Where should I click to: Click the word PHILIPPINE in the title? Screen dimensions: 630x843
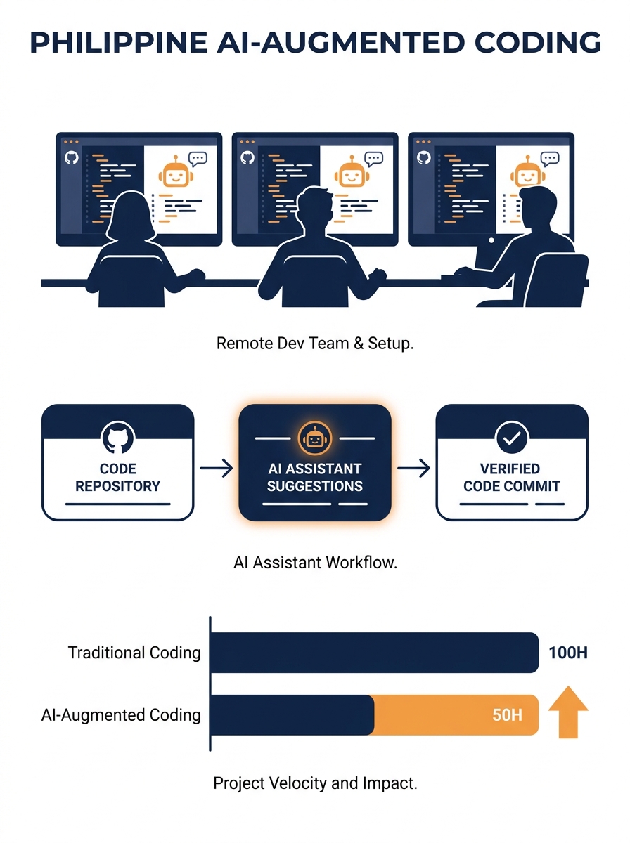pyautogui.click(x=119, y=42)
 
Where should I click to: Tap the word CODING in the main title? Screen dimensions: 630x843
pyautogui.click(x=537, y=42)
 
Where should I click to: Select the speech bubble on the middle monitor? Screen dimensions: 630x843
pyautogui.click(x=373, y=159)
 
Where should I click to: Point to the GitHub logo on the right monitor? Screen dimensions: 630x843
pyautogui.click(x=423, y=158)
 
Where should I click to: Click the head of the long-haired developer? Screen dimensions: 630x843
pyautogui.click(x=131, y=216)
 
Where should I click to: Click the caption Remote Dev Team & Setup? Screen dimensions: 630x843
pyautogui.click(x=315, y=343)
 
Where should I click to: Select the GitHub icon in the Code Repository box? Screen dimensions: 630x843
pyautogui.click(x=117, y=438)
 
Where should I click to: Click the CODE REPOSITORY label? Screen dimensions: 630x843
pyautogui.click(x=117, y=478)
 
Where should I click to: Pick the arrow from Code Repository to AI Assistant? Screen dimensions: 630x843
pyautogui.click(x=217, y=468)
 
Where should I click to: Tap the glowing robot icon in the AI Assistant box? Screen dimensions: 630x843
pyautogui.click(x=315, y=438)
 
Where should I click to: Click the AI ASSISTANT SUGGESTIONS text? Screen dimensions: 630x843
pyautogui.click(x=315, y=478)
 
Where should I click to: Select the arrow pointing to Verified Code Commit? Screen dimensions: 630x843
pyautogui.click(x=413, y=468)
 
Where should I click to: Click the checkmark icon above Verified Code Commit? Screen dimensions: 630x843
pyautogui.click(x=512, y=438)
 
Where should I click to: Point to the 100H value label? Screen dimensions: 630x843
pyautogui.click(x=567, y=653)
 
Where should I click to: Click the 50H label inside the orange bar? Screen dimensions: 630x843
pyautogui.click(x=507, y=715)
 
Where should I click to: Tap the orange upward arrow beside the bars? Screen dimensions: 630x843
pyautogui.click(x=568, y=712)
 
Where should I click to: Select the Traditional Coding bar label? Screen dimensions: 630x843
pyautogui.click(x=134, y=653)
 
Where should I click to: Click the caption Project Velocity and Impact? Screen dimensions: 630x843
pyautogui.click(x=315, y=783)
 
